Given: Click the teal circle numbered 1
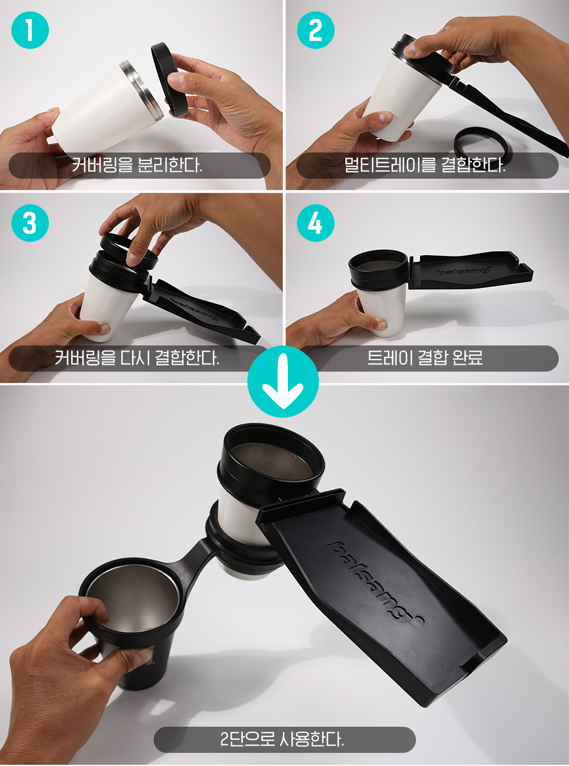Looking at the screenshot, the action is click(x=30, y=30).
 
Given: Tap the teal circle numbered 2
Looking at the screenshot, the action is click(x=316, y=30).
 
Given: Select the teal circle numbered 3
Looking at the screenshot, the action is click(x=30, y=223).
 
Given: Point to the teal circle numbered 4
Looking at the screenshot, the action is click(x=316, y=223).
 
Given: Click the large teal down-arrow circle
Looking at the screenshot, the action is click(x=283, y=382).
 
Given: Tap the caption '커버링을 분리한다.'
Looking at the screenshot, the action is click(x=137, y=165).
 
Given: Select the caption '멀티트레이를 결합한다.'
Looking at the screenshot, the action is click(x=424, y=165).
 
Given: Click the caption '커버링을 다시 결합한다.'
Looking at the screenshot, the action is click(x=137, y=358).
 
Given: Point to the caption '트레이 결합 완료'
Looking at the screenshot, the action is click(x=424, y=358).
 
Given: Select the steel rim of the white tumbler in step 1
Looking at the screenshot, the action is click(x=142, y=90).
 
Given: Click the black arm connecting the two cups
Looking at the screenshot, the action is click(x=193, y=560).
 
